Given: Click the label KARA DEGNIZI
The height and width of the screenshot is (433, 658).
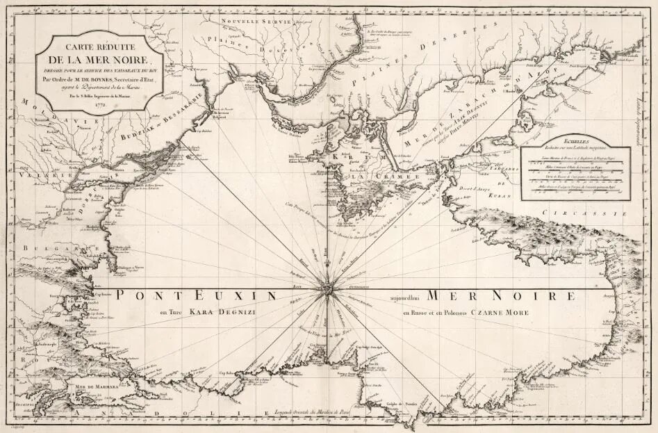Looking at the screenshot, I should [222, 313].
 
